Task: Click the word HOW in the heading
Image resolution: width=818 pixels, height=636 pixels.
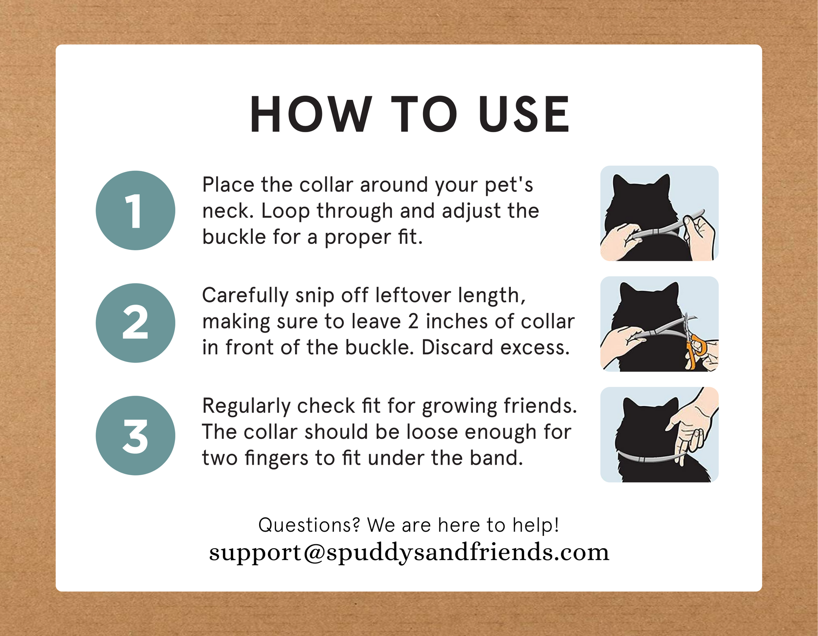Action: click(310, 115)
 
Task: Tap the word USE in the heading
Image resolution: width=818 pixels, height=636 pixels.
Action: click(524, 115)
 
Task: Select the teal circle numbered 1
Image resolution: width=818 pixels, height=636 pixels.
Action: click(135, 210)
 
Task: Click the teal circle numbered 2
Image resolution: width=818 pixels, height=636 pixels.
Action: click(135, 323)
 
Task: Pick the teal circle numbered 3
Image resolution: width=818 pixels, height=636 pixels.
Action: click(135, 435)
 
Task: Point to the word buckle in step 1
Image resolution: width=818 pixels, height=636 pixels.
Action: click(234, 237)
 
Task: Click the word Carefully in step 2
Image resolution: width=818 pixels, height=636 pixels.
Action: click(245, 296)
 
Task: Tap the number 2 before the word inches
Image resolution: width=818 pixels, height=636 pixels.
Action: click(413, 322)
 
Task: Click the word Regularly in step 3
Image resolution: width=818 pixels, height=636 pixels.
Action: click(246, 407)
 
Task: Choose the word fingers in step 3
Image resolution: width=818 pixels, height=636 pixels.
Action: click(276, 458)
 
